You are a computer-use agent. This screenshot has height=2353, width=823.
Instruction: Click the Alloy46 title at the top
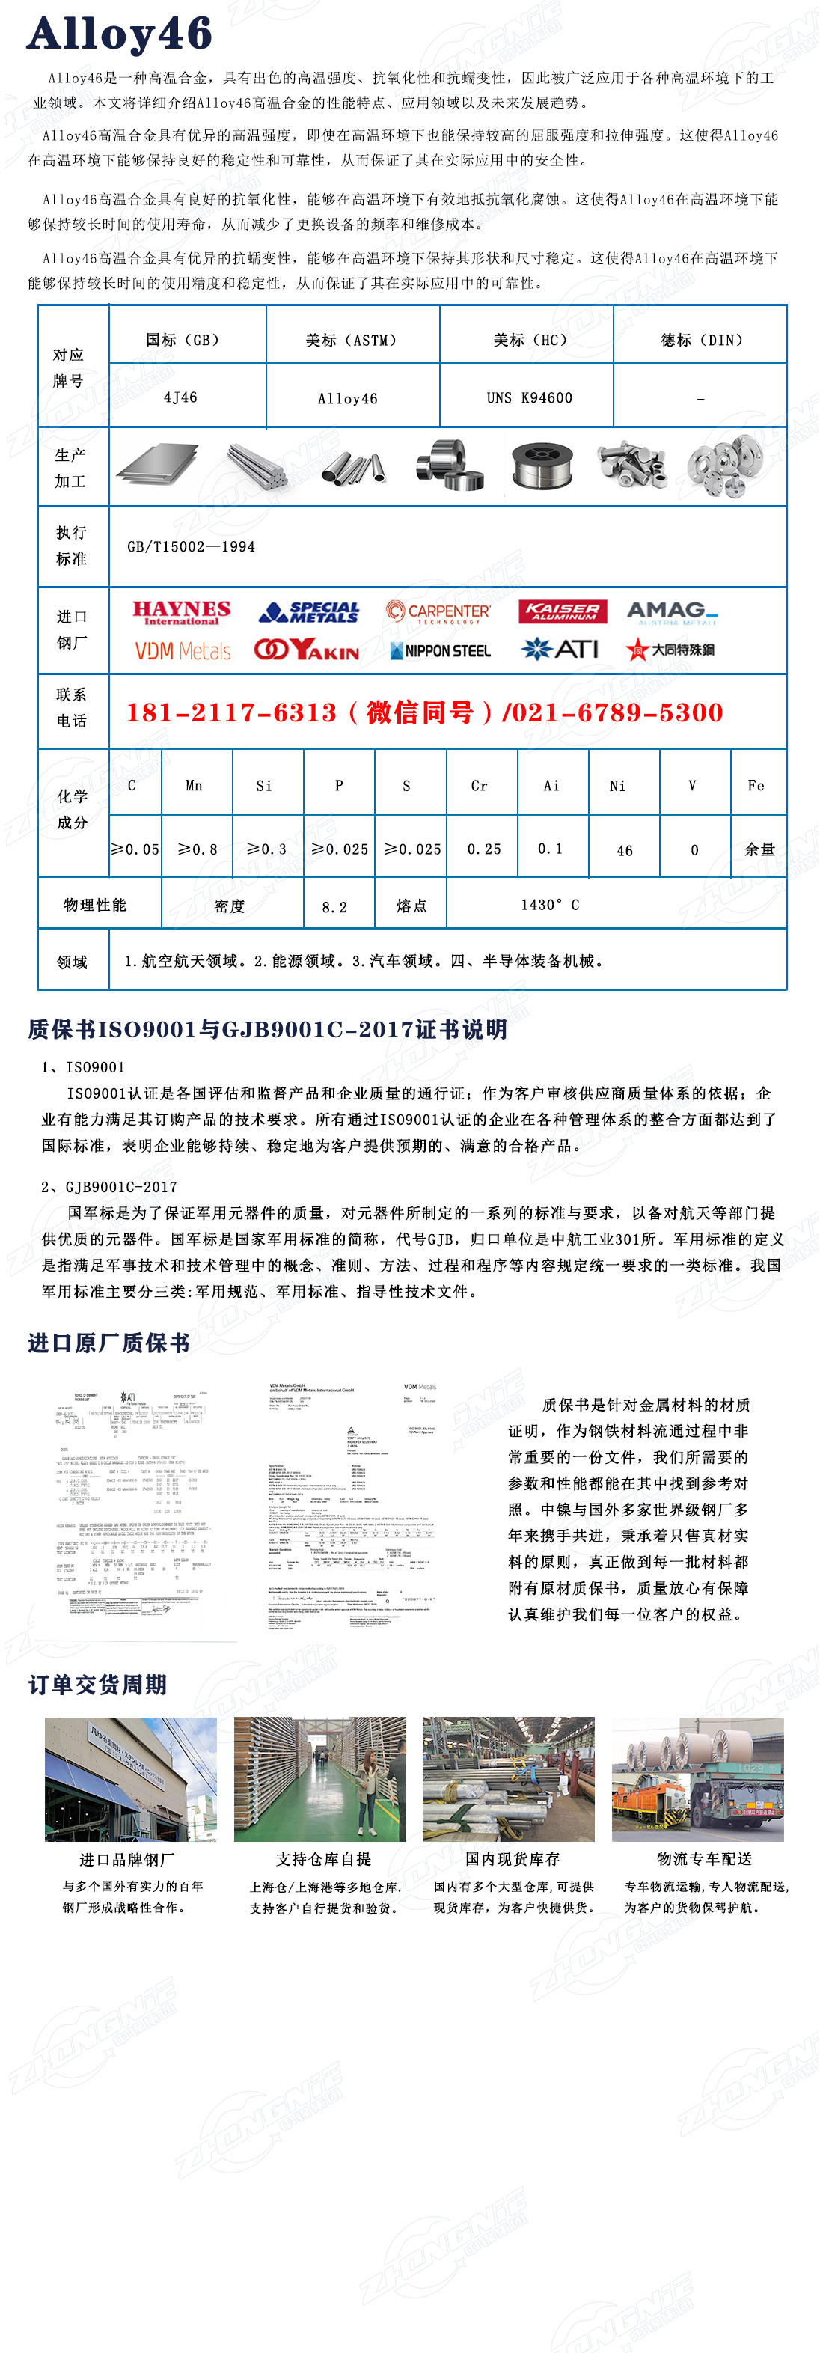click(x=120, y=34)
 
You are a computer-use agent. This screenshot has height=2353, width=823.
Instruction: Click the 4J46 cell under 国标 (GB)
click(x=180, y=397)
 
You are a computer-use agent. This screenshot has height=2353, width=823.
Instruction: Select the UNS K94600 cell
click(x=529, y=397)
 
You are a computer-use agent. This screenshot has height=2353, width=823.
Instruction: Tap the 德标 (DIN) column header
click(x=700, y=340)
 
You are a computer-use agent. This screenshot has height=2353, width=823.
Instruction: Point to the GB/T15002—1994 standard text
click(x=191, y=546)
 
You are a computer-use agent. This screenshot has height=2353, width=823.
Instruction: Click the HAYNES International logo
click(x=181, y=612)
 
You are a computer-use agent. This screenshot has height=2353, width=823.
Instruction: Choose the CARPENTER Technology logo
click(x=438, y=612)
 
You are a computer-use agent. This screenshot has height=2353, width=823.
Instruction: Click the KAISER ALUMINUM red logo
click(x=563, y=611)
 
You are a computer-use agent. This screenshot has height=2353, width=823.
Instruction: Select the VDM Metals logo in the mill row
click(x=183, y=650)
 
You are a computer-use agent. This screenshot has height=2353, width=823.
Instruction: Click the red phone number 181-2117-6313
click(x=231, y=712)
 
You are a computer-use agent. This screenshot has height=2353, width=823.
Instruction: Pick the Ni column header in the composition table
click(x=617, y=786)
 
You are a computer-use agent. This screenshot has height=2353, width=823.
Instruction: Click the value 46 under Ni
click(x=625, y=850)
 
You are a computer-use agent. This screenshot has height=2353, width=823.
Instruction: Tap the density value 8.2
click(x=334, y=907)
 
